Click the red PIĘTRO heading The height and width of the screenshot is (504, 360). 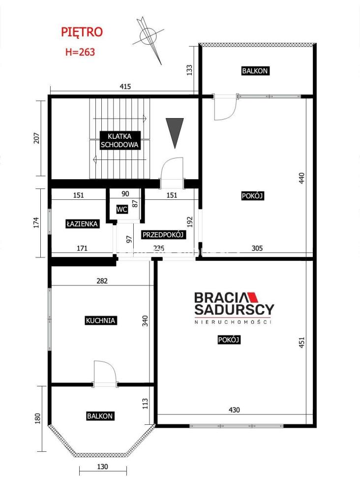pos(82,32)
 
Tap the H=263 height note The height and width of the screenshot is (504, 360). pos(80,52)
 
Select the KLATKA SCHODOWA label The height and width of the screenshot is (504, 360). pos(120,140)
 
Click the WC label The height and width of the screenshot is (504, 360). pos(121,210)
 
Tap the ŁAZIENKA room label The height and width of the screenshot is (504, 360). pos(82,224)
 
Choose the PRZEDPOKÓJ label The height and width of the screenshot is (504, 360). pos(163,235)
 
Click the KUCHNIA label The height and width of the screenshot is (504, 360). pos(100,320)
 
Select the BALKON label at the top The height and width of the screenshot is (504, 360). pos(255,71)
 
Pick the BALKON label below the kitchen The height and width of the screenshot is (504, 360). pos(100,416)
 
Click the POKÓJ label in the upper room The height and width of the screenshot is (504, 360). pos(253,196)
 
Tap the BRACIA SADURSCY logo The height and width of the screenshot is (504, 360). pos(234,308)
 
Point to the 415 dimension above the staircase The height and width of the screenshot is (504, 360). pos(125,87)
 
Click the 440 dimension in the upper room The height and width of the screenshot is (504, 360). pos(301,178)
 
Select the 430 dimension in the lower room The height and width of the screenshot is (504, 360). pos(234,410)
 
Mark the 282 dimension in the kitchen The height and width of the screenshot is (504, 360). pos(102,281)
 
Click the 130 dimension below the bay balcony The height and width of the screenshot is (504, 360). pos(102,467)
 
